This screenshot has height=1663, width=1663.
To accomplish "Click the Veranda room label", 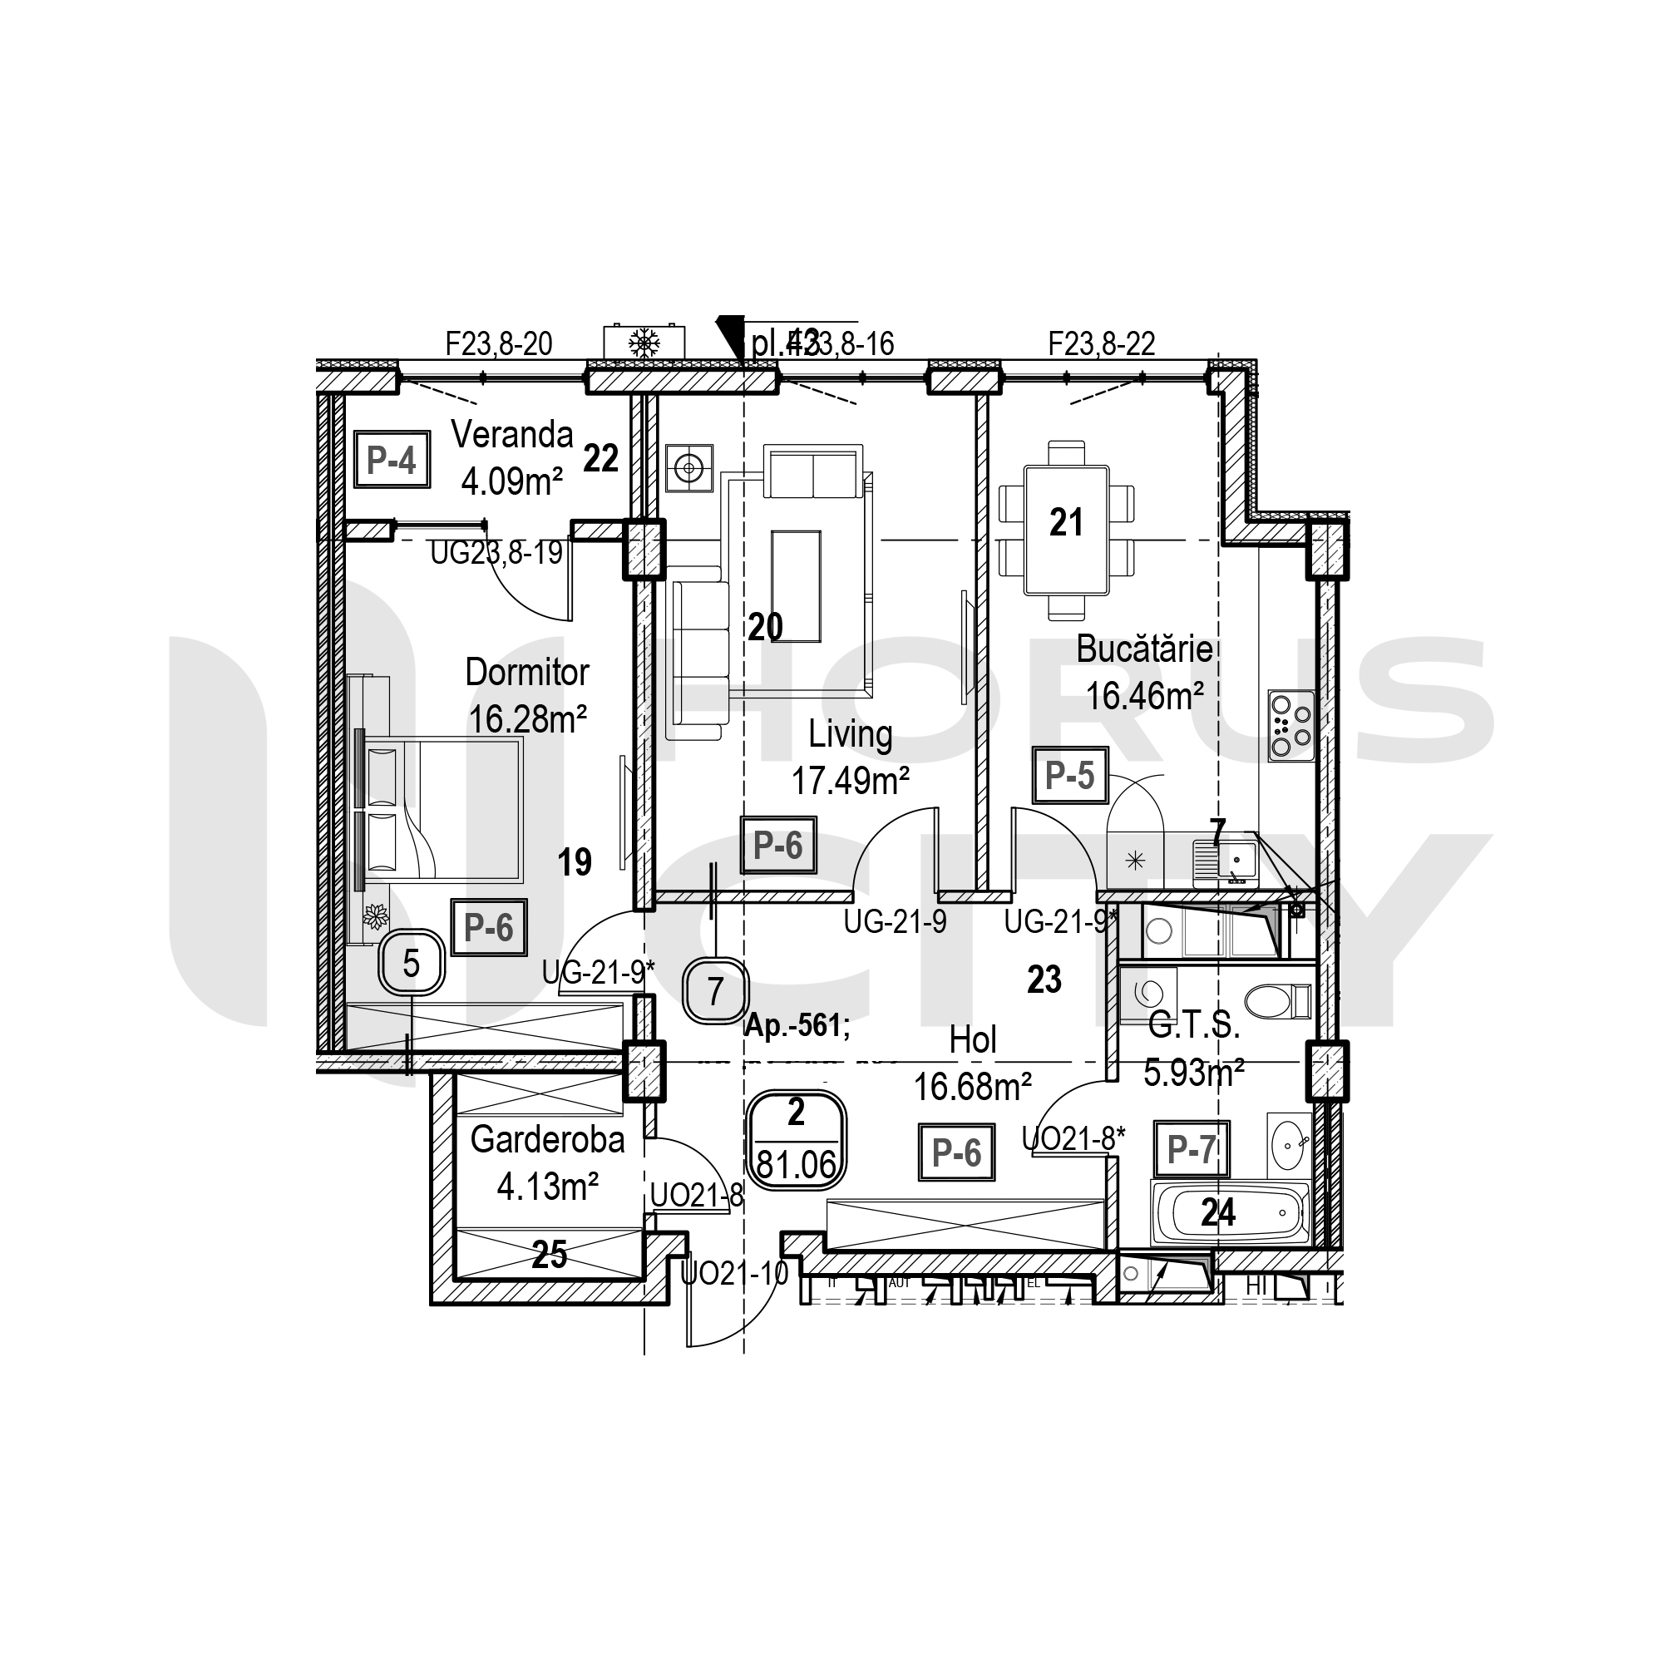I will [512, 436].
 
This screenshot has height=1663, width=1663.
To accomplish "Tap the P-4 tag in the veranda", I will [392, 461].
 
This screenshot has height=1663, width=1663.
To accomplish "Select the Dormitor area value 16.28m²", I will [528, 718].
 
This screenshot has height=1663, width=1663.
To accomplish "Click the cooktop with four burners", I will [1291, 726].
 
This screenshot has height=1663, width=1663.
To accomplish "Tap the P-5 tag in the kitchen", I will [1070, 776].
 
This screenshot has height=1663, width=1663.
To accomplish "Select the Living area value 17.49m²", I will [851, 781].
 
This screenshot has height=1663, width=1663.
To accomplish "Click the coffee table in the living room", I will [797, 586].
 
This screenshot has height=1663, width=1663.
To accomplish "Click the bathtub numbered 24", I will [1231, 1213].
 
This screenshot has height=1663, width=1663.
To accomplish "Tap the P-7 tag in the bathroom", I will [1192, 1149].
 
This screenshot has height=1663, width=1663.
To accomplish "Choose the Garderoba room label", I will [547, 1140].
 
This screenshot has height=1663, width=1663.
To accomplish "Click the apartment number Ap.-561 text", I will [797, 1025].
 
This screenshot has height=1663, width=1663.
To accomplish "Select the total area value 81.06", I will [797, 1165].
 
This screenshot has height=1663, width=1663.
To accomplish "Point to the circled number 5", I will [412, 963].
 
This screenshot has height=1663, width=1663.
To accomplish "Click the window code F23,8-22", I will [1101, 344].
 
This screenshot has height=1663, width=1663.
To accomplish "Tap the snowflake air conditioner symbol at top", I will [644, 343].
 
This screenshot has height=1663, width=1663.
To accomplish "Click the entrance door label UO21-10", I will [734, 1273].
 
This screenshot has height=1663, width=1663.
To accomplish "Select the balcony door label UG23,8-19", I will [496, 553].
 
